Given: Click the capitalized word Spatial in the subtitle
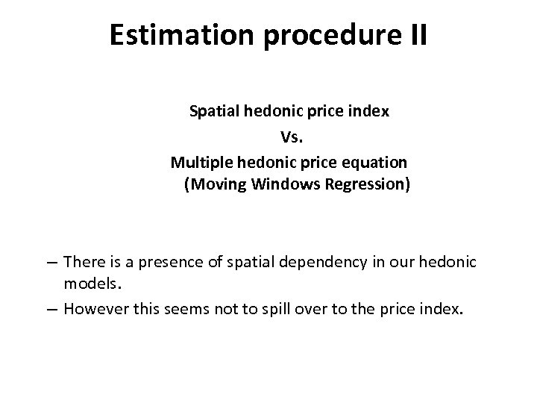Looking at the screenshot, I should [x=213, y=112].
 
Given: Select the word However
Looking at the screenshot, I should [x=93, y=309].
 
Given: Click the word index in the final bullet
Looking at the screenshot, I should [x=442, y=309].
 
